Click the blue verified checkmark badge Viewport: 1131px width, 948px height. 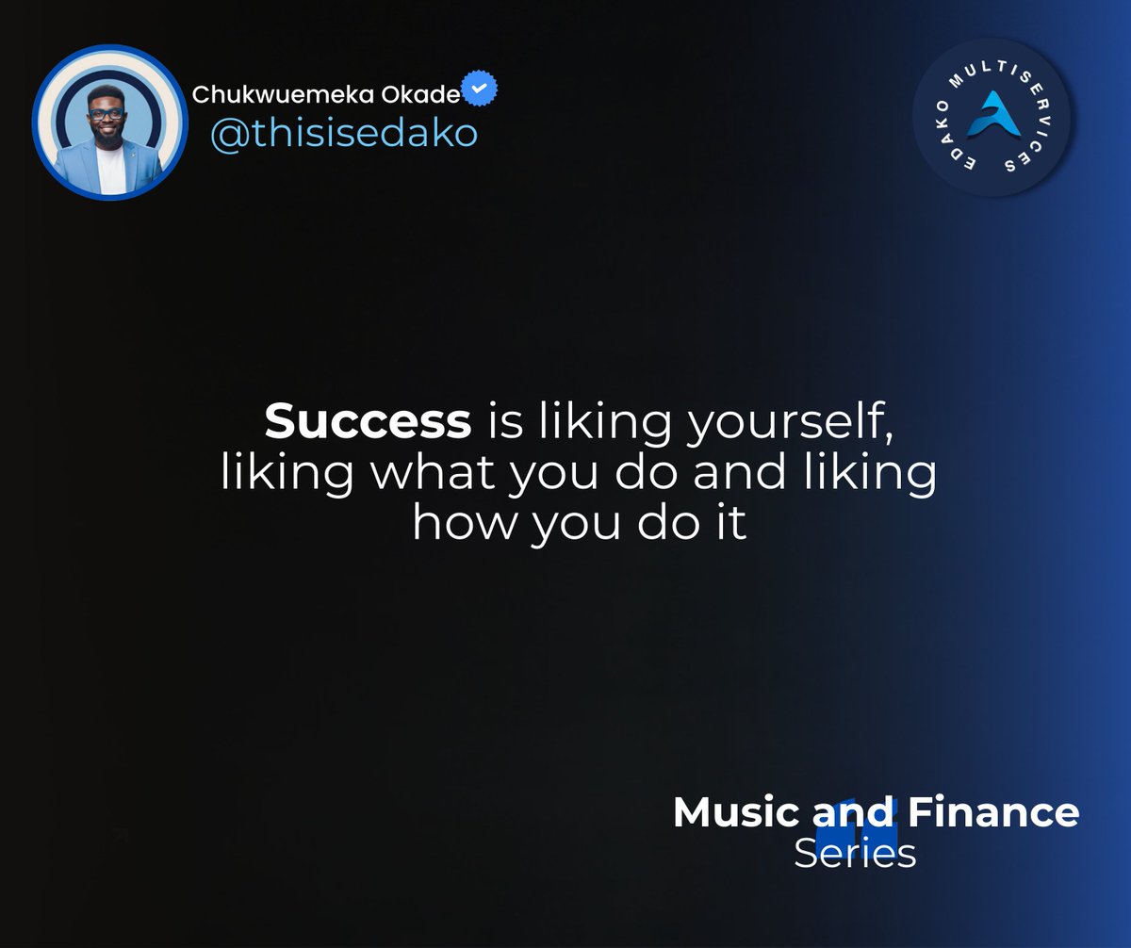click(x=481, y=90)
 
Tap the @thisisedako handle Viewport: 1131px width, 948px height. click(x=344, y=134)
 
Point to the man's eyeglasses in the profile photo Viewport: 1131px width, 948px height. click(x=107, y=114)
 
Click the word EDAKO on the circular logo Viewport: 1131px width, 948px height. click(x=942, y=146)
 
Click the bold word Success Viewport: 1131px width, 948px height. click(x=368, y=421)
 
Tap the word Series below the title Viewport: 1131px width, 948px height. click(x=854, y=854)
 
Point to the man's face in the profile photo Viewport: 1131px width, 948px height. click(x=107, y=118)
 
